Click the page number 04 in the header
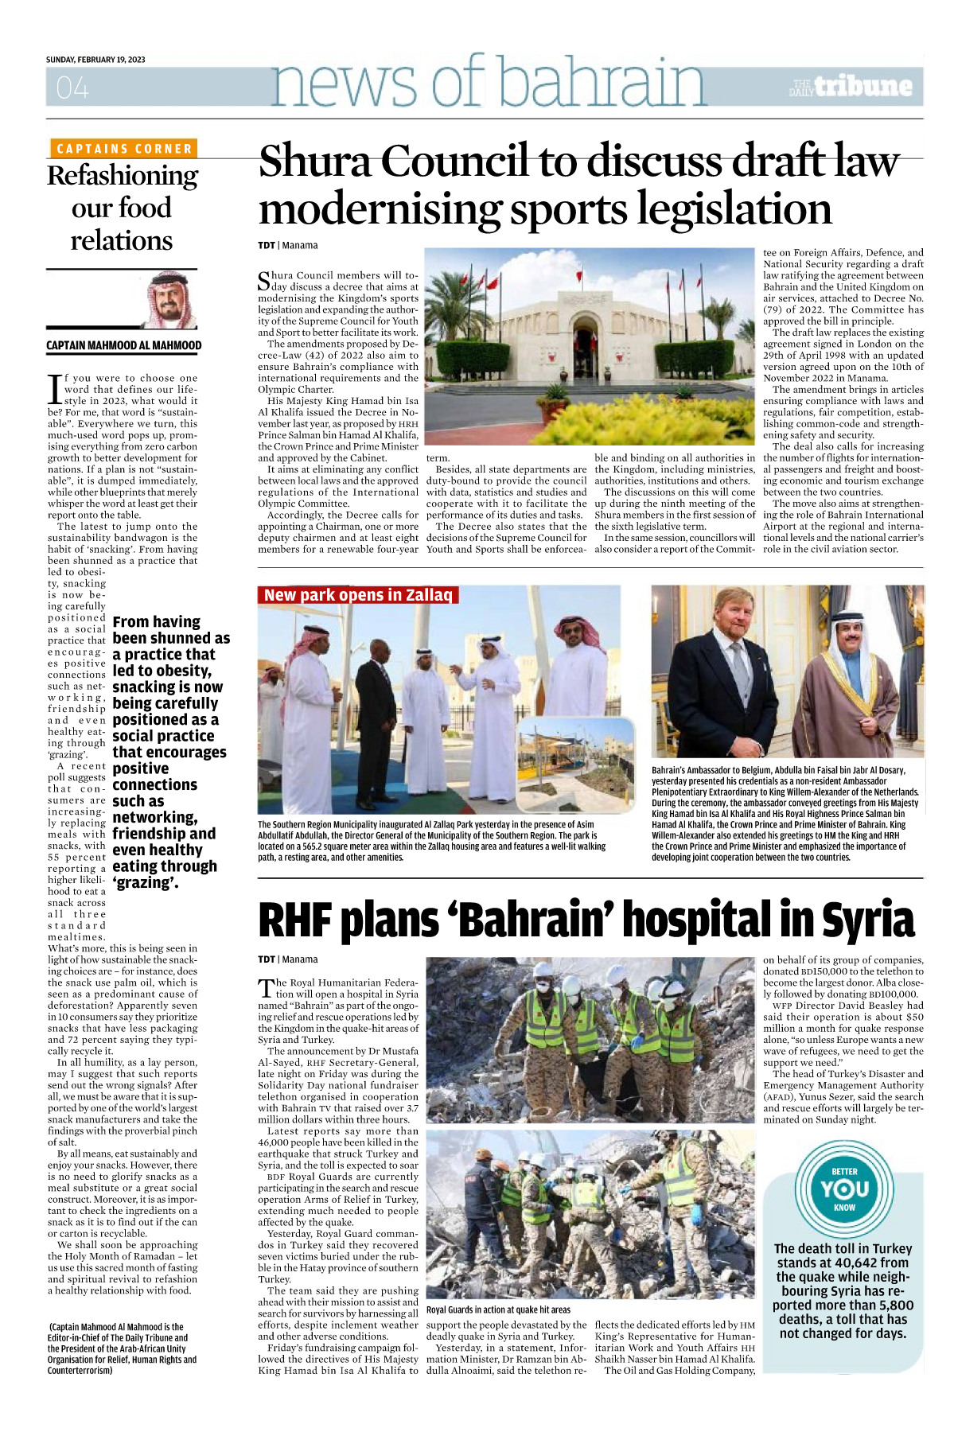click(x=72, y=88)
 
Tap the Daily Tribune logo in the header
click(x=851, y=87)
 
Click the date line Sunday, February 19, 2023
click(x=95, y=60)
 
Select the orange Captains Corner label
click(x=124, y=149)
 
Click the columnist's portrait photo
click(x=171, y=300)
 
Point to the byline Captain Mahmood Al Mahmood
click(x=124, y=345)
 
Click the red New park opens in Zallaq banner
click(x=357, y=595)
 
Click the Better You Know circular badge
click(x=844, y=1189)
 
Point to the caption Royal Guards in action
click(x=498, y=1309)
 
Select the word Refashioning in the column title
click(x=123, y=175)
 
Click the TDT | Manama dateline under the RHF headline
click(x=287, y=959)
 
